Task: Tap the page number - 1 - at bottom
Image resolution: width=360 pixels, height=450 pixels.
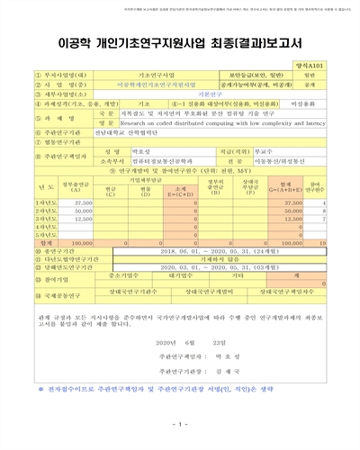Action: click(x=180, y=424)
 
